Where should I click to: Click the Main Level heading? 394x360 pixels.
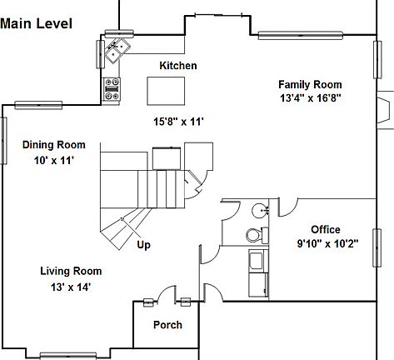(x=36, y=23)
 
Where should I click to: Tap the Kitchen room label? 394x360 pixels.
(x=178, y=66)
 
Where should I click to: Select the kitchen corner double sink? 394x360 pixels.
(x=117, y=51)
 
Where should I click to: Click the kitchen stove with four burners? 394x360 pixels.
(x=112, y=89)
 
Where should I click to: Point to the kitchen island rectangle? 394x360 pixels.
(x=166, y=91)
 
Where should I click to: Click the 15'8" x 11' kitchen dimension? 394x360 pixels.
(x=178, y=122)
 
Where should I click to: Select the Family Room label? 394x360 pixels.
(x=310, y=84)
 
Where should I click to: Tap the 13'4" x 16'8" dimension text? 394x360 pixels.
(x=310, y=97)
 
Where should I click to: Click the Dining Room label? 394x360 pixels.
(x=54, y=145)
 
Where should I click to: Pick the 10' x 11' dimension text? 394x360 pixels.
(x=54, y=160)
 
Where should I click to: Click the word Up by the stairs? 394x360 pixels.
(x=143, y=245)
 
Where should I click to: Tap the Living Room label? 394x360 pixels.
(x=71, y=271)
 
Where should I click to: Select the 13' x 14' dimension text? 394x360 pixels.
(x=71, y=287)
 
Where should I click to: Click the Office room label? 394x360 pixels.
(x=326, y=230)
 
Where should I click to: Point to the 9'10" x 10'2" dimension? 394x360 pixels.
(x=327, y=243)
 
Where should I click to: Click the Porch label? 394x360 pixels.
(x=167, y=325)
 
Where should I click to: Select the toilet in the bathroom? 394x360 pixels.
(x=257, y=235)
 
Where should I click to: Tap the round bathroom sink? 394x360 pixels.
(x=260, y=210)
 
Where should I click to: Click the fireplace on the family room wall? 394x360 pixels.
(x=385, y=110)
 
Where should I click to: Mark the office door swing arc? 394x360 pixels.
(x=292, y=212)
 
